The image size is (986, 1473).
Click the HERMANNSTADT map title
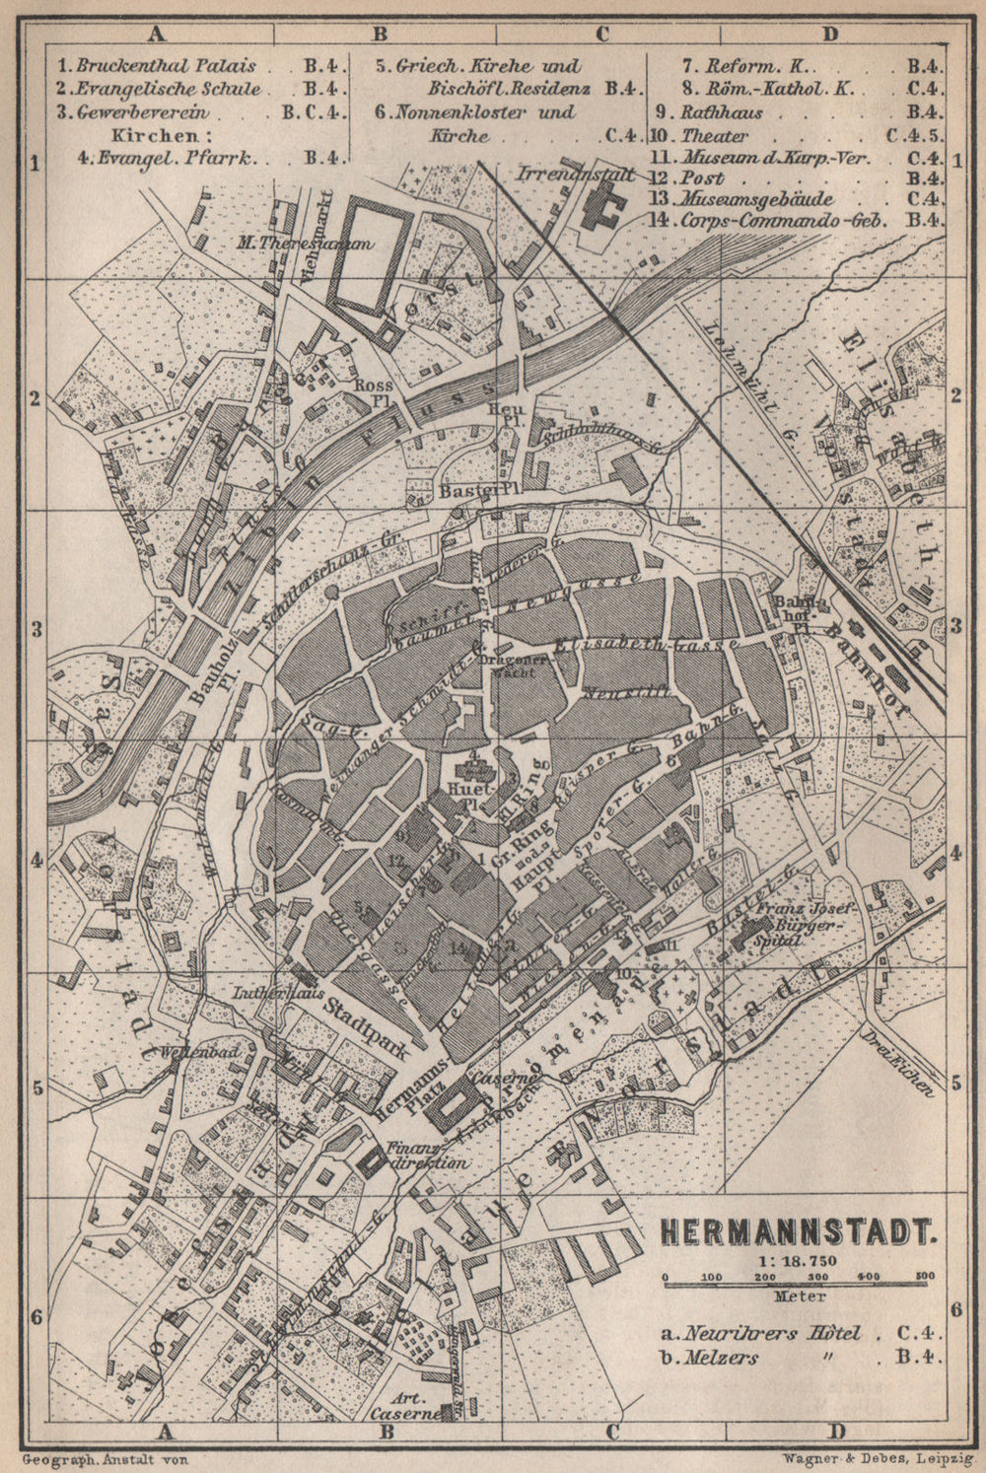(x=796, y=1231)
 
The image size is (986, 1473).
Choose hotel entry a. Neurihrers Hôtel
(x=760, y=1334)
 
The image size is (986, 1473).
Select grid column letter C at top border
(x=601, y=34)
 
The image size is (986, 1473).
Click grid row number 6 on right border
(x=954, y=1310)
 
